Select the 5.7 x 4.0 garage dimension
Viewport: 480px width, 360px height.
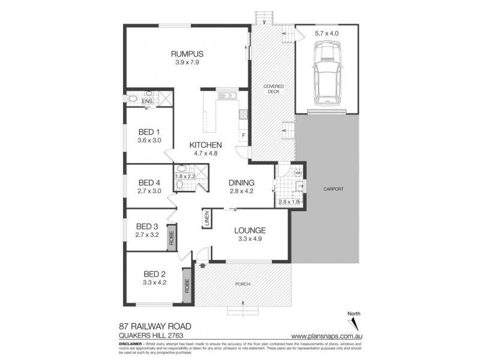click(326, 34)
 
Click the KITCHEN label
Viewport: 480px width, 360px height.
click(206, 145)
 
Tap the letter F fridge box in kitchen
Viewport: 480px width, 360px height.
click(243, 134)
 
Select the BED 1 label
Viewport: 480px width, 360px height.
click(149, 132)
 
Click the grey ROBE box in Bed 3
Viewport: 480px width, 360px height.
click(171, 235)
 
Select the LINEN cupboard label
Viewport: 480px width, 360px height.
click(206, 218)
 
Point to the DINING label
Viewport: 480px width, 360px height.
click(242, 183)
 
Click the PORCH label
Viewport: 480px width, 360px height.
click(242, 283)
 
